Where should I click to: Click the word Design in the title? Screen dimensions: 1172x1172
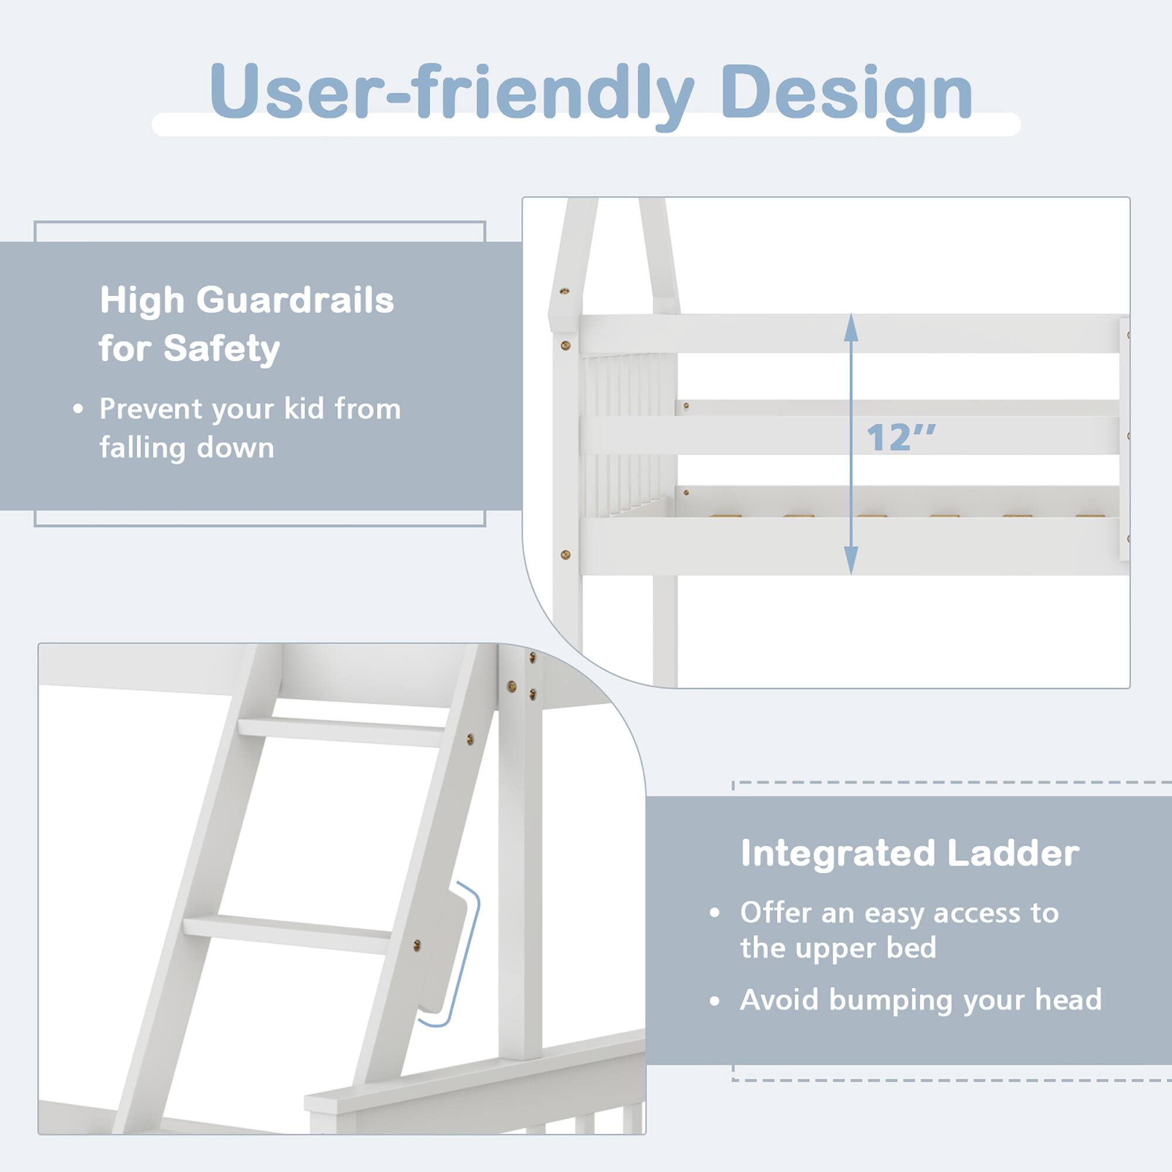[846, 93]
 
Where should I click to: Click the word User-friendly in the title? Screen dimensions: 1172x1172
[451, 93]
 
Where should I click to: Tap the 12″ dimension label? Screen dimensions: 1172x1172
[900, 437]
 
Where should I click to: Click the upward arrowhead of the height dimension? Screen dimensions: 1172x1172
[851, 328]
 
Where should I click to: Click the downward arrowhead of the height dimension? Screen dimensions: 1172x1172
[851, 559]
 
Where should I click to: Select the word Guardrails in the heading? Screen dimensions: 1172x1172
[295, 299]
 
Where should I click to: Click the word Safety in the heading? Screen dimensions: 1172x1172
[222, 349]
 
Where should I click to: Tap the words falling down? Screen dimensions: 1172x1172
[187, 448]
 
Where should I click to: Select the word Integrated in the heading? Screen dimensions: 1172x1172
[838, 854]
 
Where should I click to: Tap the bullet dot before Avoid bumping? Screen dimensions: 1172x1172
[714, 1001]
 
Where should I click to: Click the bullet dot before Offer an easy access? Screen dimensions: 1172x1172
[714, 912]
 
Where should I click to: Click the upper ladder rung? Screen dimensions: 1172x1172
[340, 731]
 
